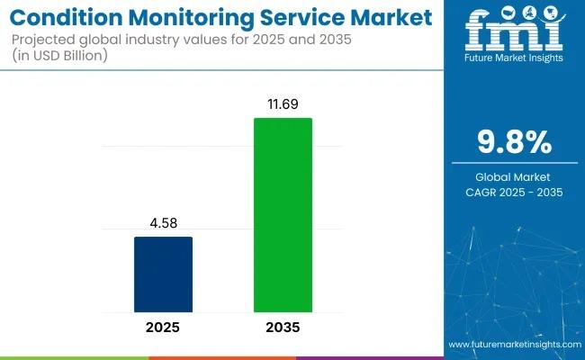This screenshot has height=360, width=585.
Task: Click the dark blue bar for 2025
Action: tap(163, 275)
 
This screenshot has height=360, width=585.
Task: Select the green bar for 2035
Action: tap(283, 216)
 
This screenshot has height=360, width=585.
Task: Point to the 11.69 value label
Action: tap(283, 105)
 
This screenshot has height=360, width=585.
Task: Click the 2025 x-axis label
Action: tap(163, 328)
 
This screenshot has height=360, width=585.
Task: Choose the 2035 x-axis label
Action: tap(283, 328)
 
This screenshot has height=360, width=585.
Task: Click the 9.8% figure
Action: tap(514, 142)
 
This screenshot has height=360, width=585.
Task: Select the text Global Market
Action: tap(514, 175)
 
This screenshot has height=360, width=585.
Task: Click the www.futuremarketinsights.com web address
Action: tap(513, 345)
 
